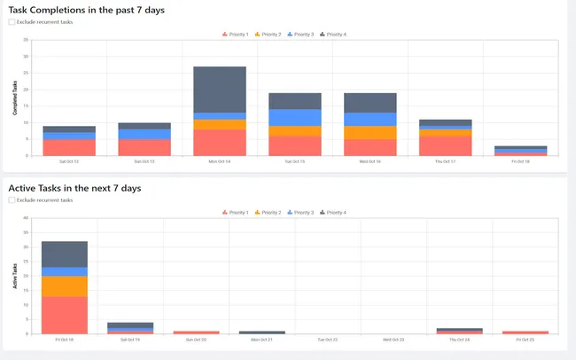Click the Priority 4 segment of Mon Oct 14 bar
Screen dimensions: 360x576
(x=219, y=89)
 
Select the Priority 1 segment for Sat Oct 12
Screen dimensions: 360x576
(x=69, y=147)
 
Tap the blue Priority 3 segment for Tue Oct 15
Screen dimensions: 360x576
(x=294, y=117)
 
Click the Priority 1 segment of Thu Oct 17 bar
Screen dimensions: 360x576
(x=445, y=145)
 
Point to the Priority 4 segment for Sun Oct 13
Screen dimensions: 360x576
(x=144, y=126)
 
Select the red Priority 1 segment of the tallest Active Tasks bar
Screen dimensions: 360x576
(x=64, y=315)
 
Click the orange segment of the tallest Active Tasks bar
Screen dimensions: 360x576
(x=64, y=286)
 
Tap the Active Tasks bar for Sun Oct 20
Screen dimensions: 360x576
(x=196, y=333)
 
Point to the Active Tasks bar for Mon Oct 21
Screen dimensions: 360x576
(x=261, y=333)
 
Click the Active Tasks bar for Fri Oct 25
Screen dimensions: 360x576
(x=525, y=333)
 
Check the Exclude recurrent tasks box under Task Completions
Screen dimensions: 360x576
(x=12, y=21)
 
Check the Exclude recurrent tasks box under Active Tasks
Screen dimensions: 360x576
(x=12, y=200)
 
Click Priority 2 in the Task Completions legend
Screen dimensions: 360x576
(x=268, y=34)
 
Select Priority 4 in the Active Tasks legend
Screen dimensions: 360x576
(x=333, y=213)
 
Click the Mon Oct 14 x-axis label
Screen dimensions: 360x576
(x=219, y=161)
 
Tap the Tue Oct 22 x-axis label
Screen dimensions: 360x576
(x=327, y=340)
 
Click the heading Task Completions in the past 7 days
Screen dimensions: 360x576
(x=86, y=9)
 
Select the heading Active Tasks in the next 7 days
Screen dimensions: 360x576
(x=74, y=188)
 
